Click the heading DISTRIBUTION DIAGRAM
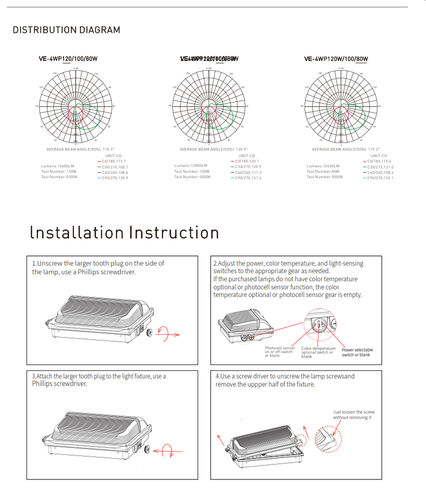(66, 30)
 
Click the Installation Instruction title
(125, 233)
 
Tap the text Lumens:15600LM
(58, 166)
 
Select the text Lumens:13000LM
(191, 166)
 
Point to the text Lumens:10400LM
(323, 166)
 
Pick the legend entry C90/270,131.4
(248, 178)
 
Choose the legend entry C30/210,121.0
(380, 167)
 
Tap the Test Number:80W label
(320, 172)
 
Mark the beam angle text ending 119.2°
(346, 150)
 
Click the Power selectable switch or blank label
(357, 352)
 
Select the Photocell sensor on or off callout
(280, 351)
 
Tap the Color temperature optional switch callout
(318, 352)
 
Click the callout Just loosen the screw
(354, 415)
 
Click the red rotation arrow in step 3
(165, 449)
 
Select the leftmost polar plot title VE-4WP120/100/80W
(72, 59)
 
